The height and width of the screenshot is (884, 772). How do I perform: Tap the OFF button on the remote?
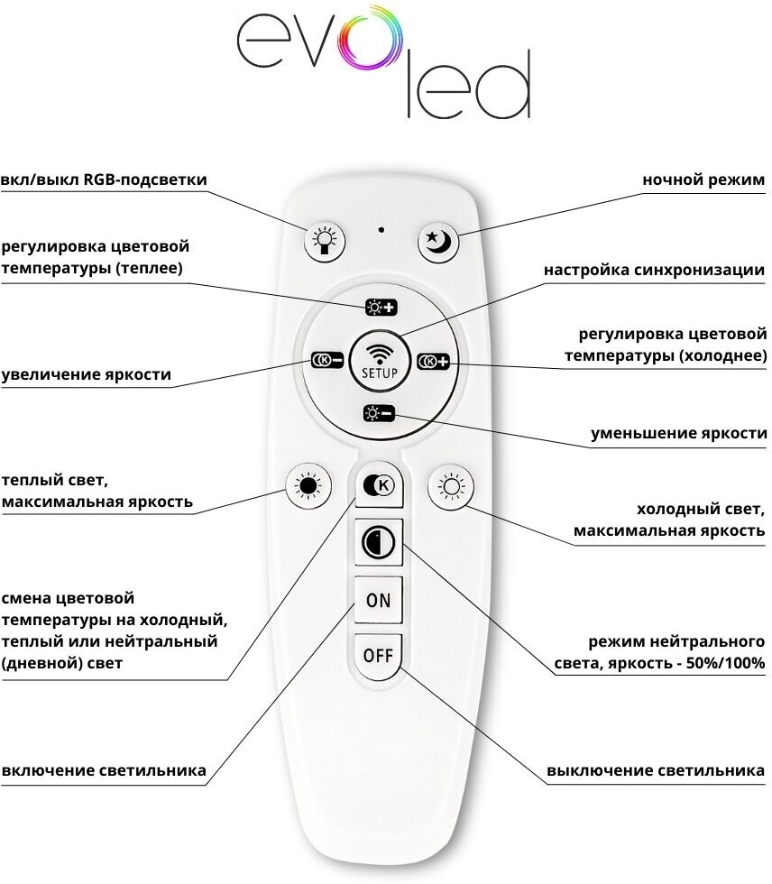378,655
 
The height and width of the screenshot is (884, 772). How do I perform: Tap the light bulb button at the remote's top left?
326,242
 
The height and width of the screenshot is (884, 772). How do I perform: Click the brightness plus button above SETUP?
380,308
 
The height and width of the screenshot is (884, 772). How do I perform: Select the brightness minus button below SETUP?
379,414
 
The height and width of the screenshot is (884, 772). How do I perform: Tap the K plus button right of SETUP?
434,362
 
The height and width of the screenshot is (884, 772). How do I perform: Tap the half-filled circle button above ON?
378,543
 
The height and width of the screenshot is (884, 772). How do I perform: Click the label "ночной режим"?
703,180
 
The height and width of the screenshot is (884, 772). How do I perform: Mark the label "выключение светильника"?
656,771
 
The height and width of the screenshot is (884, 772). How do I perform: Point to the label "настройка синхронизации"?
655,270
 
